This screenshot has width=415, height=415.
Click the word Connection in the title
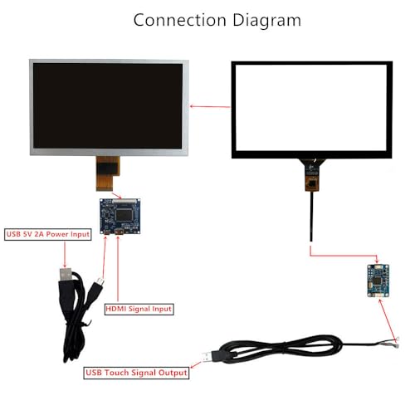(180, 20)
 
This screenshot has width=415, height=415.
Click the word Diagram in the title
(267, 21)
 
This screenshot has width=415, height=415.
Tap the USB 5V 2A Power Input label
(48, 234)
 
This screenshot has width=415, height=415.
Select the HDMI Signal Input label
(139, 309)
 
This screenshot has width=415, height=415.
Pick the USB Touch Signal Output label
(136, 373)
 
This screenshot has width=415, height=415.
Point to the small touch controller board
(378, 281)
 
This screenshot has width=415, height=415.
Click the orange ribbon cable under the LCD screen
(107, 173)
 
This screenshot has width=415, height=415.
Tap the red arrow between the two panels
(210, 106)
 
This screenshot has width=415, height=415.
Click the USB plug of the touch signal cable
(210, 357)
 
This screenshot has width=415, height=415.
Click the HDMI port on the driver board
(119, 232)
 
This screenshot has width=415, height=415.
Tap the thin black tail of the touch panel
(312, 216)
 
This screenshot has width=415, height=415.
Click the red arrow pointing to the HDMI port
(118, 268)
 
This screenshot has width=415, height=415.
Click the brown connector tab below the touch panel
(312, 183)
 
